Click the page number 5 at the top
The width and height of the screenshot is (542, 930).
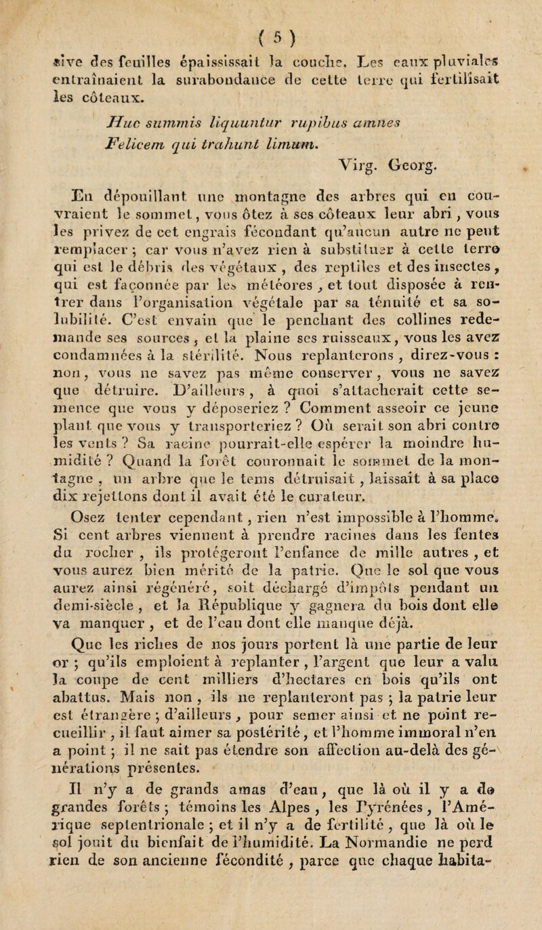(x=270, y=12)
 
